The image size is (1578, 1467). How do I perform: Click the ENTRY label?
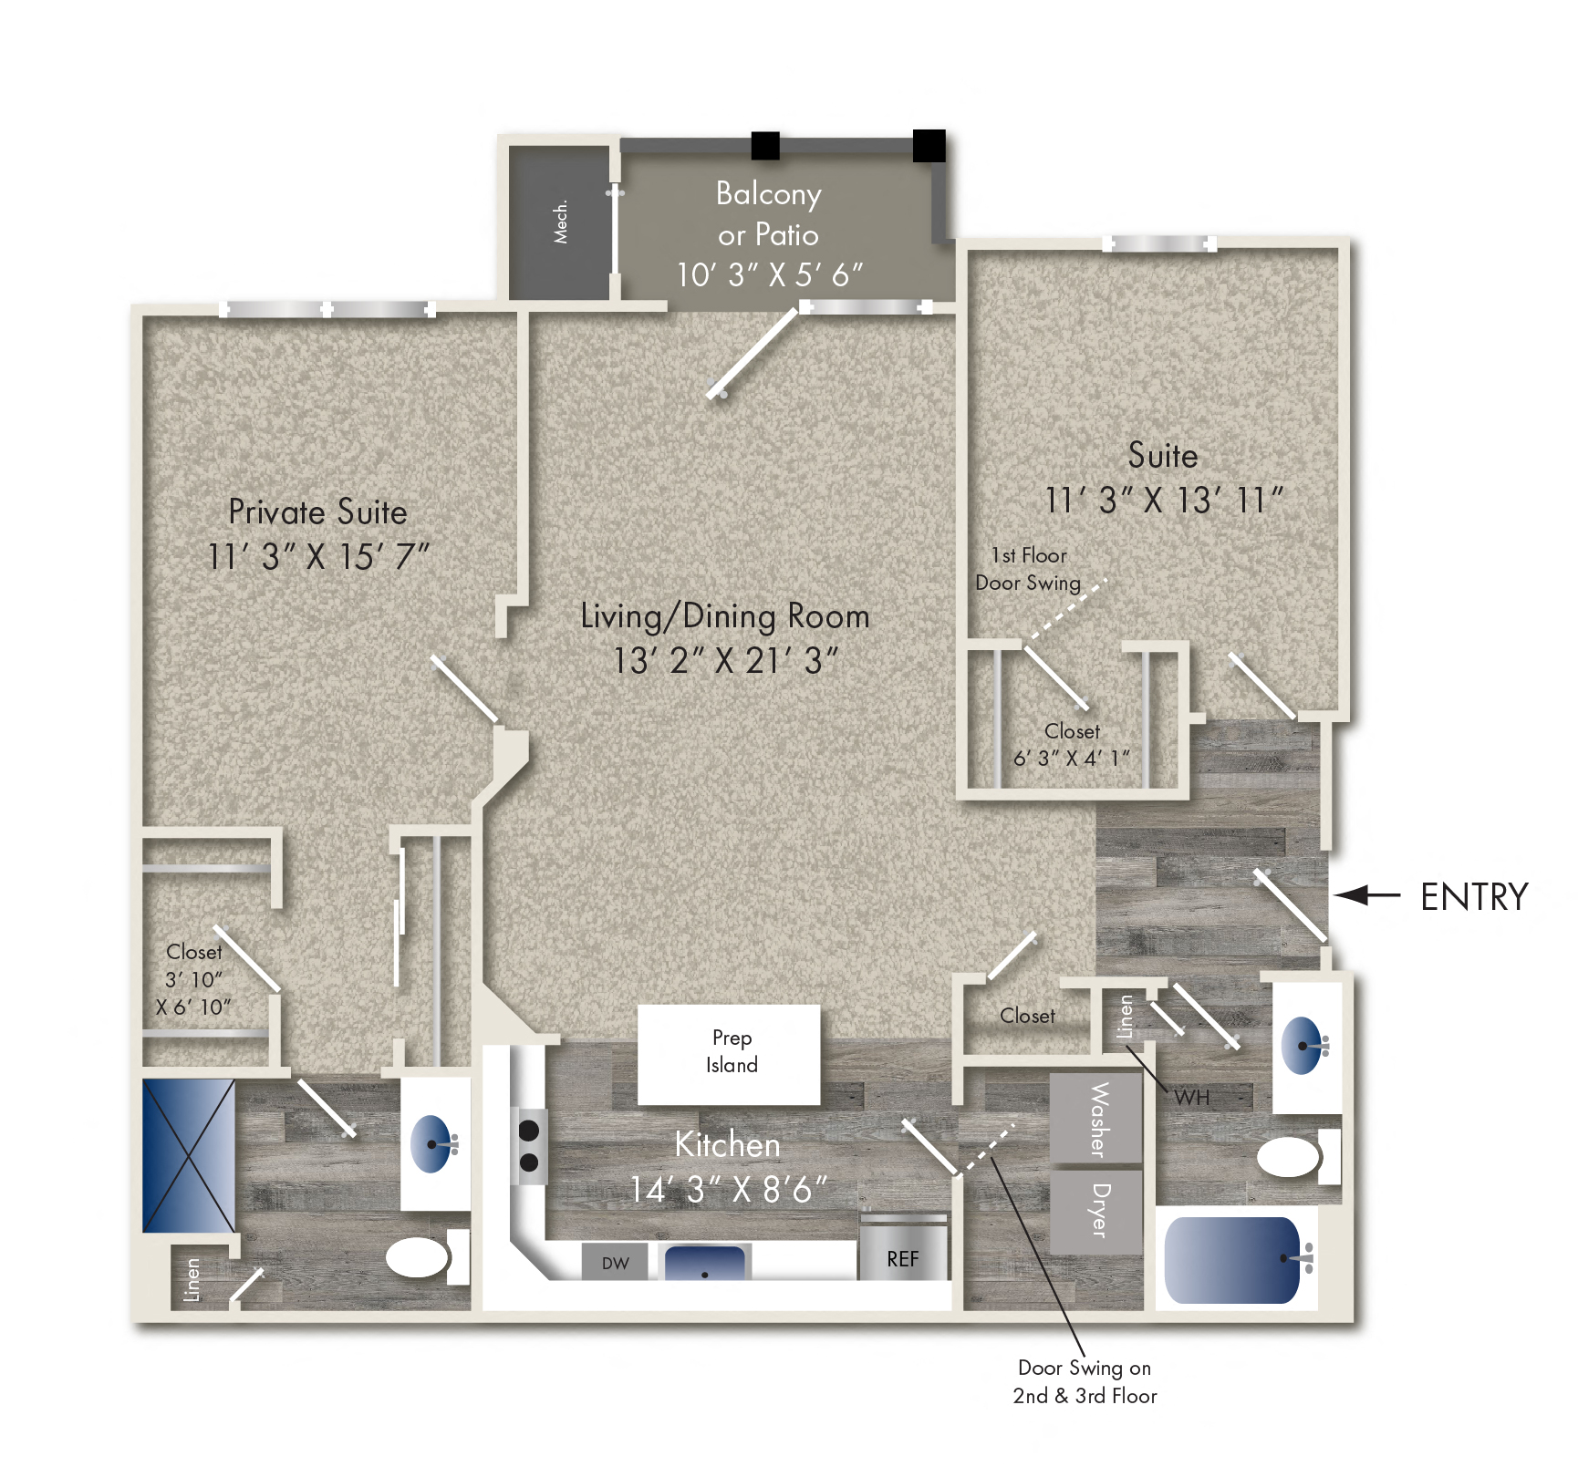(1473, 897)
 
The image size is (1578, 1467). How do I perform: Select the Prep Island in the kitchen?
(729, 1054)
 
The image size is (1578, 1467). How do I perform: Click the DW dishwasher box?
(616, 1263)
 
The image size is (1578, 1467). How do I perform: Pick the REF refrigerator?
(903, 1258)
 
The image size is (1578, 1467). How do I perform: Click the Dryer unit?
(1097, 1211)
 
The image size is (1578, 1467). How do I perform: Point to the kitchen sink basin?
(705, 1264)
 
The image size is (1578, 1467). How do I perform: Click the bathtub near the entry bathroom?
(1232, 1260)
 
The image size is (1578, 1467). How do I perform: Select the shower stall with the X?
(189, 1155)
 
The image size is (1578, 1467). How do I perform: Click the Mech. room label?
(560, 222)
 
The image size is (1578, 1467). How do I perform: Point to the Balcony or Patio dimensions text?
(769, 274)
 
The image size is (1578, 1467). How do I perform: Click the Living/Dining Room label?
(725, 616)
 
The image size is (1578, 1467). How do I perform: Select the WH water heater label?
(1191, 1098)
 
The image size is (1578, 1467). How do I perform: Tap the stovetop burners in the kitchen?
(529, 1146)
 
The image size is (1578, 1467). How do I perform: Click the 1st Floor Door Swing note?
(1028, 569)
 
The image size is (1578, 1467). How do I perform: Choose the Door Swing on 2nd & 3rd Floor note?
(1084, 1381)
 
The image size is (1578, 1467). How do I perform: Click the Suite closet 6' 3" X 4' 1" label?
(1072, 745)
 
